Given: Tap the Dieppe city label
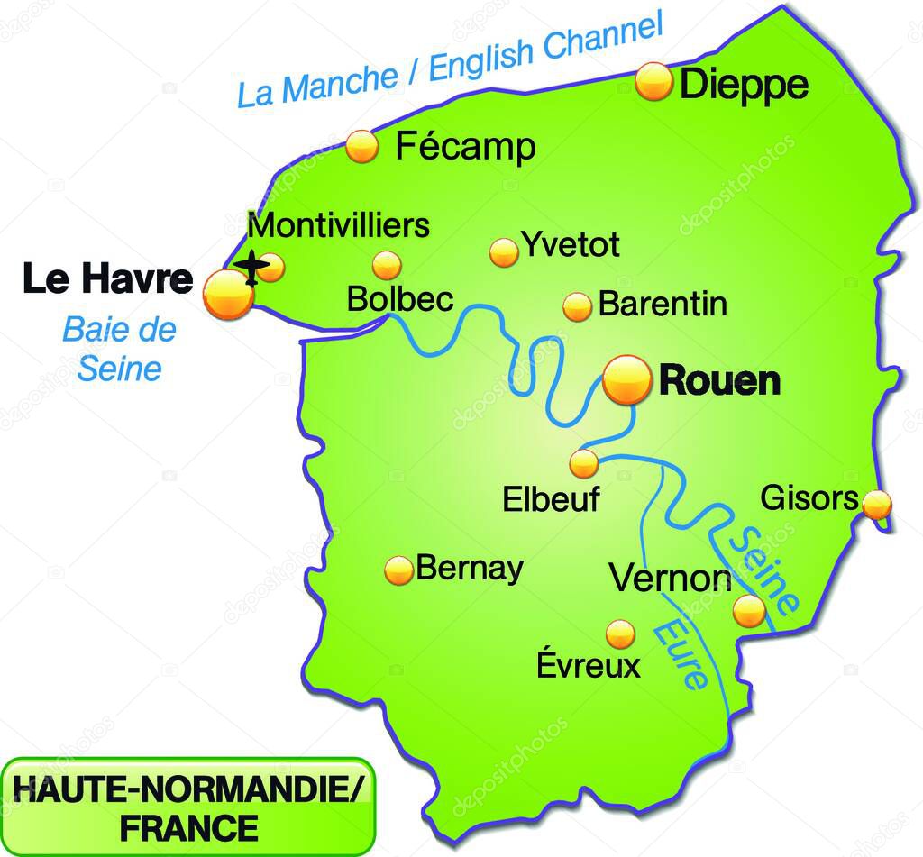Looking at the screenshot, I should [744, 86].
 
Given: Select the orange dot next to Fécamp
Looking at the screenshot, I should [362, 146].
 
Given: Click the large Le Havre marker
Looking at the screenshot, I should [228, 295].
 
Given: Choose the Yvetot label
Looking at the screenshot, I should [571, 244].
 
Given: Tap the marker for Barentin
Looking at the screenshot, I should [577, 306].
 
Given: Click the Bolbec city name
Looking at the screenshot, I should [400, 299].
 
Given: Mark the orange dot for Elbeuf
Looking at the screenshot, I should [584, 463].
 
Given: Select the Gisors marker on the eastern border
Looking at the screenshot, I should [877, 505].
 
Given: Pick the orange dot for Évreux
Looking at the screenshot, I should [620, 634].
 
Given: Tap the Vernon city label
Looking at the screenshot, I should [671, 579].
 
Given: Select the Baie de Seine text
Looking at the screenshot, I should [119, 349].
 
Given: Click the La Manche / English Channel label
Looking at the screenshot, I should [450, 60].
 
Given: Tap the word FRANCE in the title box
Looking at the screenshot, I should [188, 826].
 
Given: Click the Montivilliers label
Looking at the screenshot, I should [338, 225].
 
